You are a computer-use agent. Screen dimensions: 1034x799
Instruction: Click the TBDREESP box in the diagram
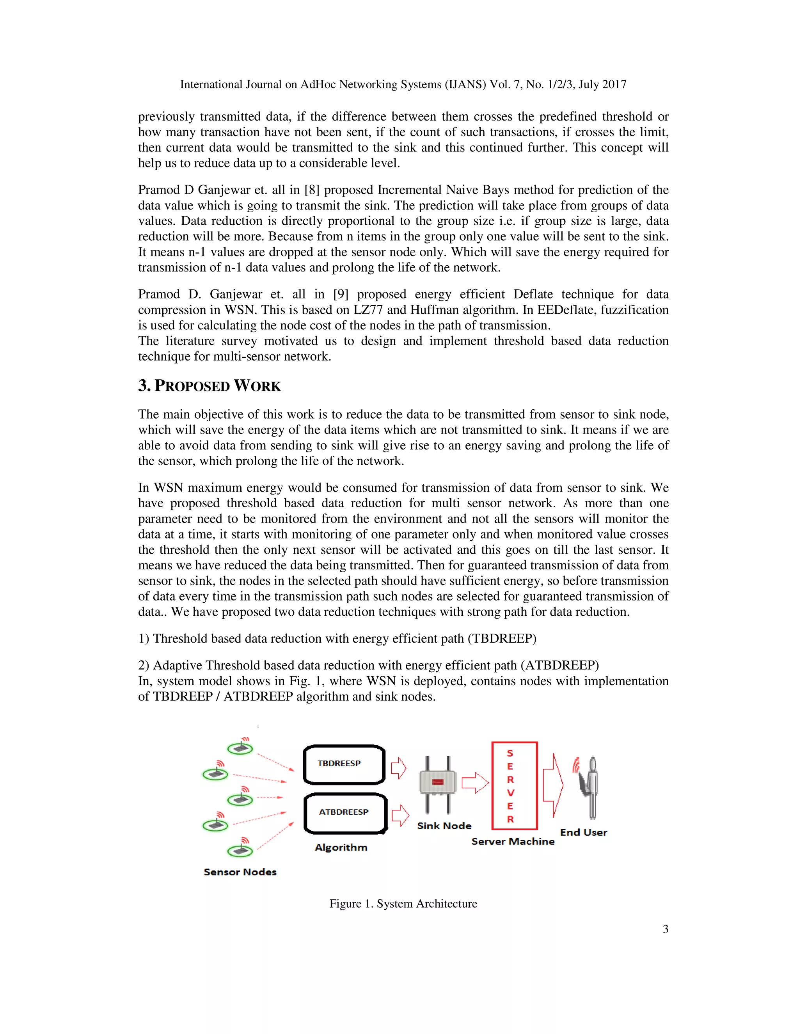coord(344,765)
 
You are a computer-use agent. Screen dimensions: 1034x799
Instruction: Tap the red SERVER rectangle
coord(515,786)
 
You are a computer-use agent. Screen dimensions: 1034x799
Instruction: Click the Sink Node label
coord(444,826)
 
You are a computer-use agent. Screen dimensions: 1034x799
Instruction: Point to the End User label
coord(583,832)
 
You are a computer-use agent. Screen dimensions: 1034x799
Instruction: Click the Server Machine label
coord(513,841)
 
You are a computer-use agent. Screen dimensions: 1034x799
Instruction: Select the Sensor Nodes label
coord(240,872)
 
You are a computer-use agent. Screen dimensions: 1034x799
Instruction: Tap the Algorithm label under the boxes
coord(341,847)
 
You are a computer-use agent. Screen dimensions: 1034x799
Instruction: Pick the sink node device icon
coord(438,784)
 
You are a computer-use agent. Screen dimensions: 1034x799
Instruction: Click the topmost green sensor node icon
coord(240,748)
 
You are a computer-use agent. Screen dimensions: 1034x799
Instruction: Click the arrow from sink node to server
coord(475,783)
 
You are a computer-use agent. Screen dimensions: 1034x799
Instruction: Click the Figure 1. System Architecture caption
coord(403,904)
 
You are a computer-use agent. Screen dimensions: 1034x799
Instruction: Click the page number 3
coord(665,929)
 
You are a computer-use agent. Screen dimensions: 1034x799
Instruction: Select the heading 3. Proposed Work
coord(209,386)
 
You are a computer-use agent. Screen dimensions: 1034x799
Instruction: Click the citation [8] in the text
coord(312,190)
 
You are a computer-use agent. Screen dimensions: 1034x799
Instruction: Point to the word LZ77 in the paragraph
coord(368,310)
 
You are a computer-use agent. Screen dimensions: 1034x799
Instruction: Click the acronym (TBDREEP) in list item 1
coord(502,639)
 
